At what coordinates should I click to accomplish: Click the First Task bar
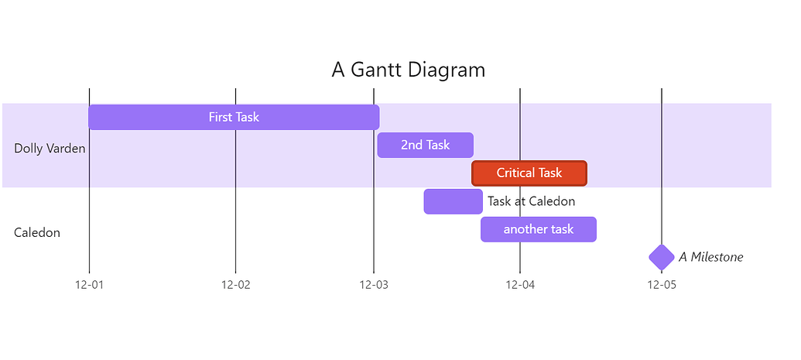pos(234,117)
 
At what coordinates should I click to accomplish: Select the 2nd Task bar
pos(426,146)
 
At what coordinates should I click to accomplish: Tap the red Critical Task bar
pos(529,173)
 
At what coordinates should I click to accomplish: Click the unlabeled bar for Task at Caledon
pos(453,201)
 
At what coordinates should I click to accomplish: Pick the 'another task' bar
pos(539,229)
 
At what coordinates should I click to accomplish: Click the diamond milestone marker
pos(662,257)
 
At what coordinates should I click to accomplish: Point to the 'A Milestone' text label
pos(710,257)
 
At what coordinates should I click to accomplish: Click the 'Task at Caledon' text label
pos(531,201)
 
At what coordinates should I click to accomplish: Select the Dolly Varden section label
pos(50,149)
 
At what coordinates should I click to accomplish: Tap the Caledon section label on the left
pos(37,233)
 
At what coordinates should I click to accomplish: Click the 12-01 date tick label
pos(90,285)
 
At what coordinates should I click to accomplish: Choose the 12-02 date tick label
pos(235,285)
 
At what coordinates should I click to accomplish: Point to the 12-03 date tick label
pos(374,285)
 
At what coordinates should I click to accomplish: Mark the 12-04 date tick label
pos(520,285)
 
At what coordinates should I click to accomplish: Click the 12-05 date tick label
pos(662,285)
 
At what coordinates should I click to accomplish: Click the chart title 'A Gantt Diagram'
pos(408,70)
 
